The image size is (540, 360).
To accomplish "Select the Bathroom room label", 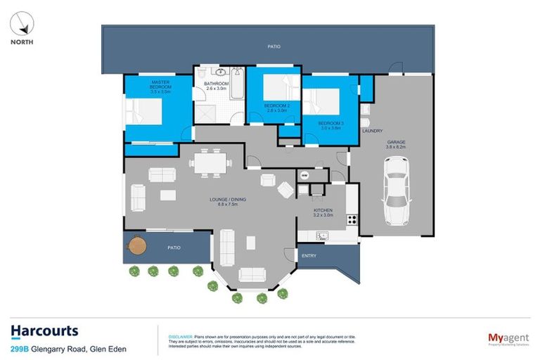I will pos(216,86).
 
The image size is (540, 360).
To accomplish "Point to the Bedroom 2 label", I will pos(276,108).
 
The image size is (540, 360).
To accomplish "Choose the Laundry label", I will pos(371,131).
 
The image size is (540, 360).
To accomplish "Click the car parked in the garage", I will pos(396,190).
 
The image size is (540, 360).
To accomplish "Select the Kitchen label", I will pos(323,212).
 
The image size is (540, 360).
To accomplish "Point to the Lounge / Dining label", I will pos(228,202).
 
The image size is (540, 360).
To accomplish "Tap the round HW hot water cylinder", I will pos(304,175).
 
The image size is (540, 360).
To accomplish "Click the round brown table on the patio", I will pos(136,247).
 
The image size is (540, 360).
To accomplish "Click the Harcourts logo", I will pos(44,330).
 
